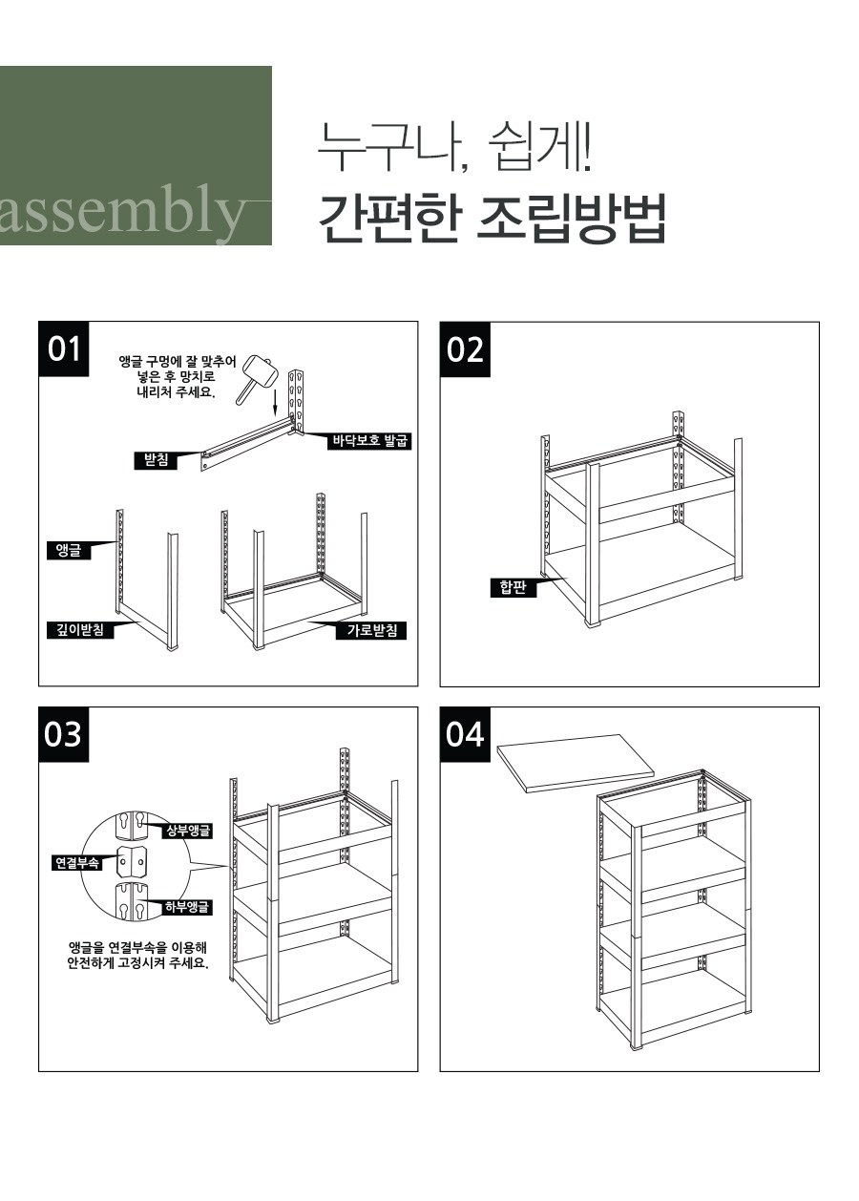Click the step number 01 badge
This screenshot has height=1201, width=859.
(x=64, y=349)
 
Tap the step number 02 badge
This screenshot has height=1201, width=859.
(x=465, y=349)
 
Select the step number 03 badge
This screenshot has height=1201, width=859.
(x=64, y=734)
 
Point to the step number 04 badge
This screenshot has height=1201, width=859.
(x=465, y=734)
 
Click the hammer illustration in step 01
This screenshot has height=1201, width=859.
(x=255, y=378)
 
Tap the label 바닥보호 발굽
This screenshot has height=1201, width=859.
(x=369, y=441)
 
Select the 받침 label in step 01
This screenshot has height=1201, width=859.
(x=156, y=460)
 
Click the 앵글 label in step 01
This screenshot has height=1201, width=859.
(x=69, y=550)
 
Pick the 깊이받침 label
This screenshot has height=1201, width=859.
(x=80, y=629)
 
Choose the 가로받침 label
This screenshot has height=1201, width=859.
(x=372, y=630)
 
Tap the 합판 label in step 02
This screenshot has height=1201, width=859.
(x=513, y=587)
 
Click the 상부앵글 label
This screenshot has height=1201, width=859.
(x=188, y=831)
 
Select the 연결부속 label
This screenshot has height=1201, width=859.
(x=77, y=863)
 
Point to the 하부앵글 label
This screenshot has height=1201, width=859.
(x=188, y=907)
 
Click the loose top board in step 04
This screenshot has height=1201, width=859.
(x=576, y=763)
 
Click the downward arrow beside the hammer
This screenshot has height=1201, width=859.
(x=274, y=403)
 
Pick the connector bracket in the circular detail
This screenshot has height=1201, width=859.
(x=132, y=863)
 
